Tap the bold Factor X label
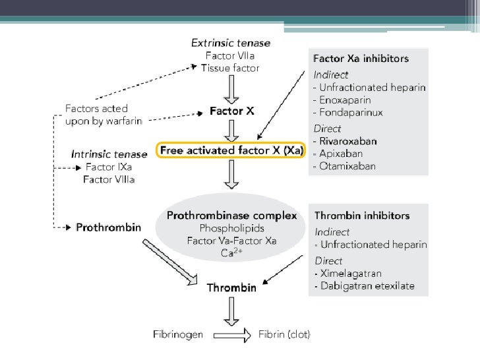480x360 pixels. pos(231,111)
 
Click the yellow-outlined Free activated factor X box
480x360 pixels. pos(231,150)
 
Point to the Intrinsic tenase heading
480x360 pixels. pos(109,154)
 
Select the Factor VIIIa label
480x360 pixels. pos(109,179)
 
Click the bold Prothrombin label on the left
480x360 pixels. pos(109,227)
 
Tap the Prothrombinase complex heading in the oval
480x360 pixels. pos(231,216)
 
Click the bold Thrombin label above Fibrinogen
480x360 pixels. pos(231,287)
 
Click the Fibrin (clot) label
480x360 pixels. pos(284,334)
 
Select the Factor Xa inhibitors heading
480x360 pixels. pos(361,59)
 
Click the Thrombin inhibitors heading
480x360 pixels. pos(362,216)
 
